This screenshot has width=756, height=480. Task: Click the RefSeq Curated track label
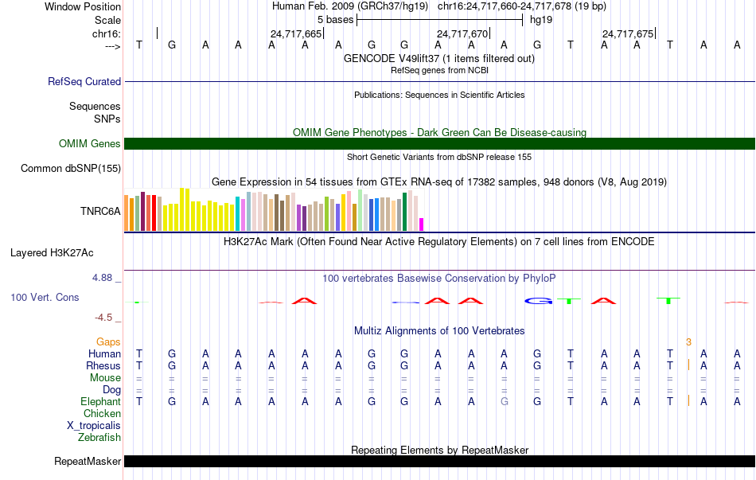[x=84, y=81]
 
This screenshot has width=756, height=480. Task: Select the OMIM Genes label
[x=90, y=143]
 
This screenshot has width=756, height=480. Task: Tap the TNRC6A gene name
[x=100, y=211]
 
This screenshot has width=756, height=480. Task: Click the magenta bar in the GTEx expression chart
[x=422, y=224]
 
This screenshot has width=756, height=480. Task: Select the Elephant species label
[x=100, y=401]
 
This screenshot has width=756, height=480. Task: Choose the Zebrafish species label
[x=99, y=437]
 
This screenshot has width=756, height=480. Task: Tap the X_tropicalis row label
[x=94, y=426]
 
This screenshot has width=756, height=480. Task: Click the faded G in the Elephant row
[x=505, y=401]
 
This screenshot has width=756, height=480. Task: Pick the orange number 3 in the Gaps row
[x=688, y=342]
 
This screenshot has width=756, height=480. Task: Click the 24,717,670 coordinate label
[x=462, y=33]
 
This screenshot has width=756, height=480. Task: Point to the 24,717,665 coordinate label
[x=295, y=33]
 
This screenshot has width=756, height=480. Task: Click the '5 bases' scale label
[x=335, y=20]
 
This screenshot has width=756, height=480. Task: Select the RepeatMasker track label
[x=88, y=461]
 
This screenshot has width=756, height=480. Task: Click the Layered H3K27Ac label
[x=52, y=253]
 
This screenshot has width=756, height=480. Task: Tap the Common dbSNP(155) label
[x=71, y=169]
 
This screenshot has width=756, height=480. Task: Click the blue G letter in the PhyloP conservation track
[x=539, y=301]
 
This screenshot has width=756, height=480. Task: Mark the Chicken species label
[x=102, y=413]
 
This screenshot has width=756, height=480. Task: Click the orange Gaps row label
[x=108, y=342]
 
